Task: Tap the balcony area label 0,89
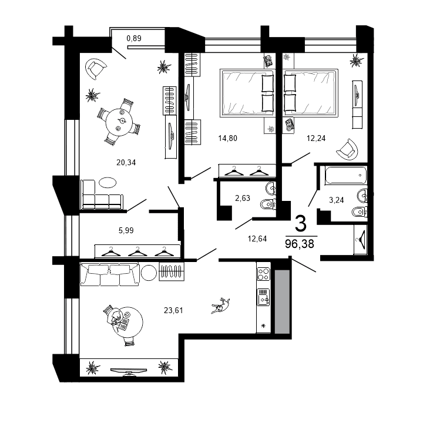click(135, 39)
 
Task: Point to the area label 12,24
click(315, 139)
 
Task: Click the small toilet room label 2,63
click(243, 198)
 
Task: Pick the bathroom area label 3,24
click(336, 200)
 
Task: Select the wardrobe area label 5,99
click(126, 230)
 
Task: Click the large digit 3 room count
click(300, 223)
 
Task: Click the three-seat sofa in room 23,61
click(110, 274)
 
